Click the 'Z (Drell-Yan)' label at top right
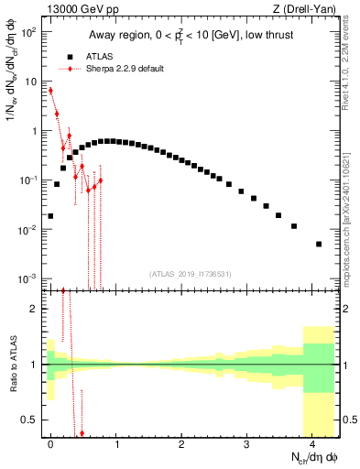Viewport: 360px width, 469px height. tap(308, 8)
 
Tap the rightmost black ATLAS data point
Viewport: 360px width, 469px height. tap(319, 244)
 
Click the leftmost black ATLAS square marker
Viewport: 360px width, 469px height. tap(50, 216)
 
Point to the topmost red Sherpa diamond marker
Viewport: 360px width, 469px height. tap(50, 91)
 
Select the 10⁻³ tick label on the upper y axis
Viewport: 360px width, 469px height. tap(27, 278)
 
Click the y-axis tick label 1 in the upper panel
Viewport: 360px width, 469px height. tap(35, 131)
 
